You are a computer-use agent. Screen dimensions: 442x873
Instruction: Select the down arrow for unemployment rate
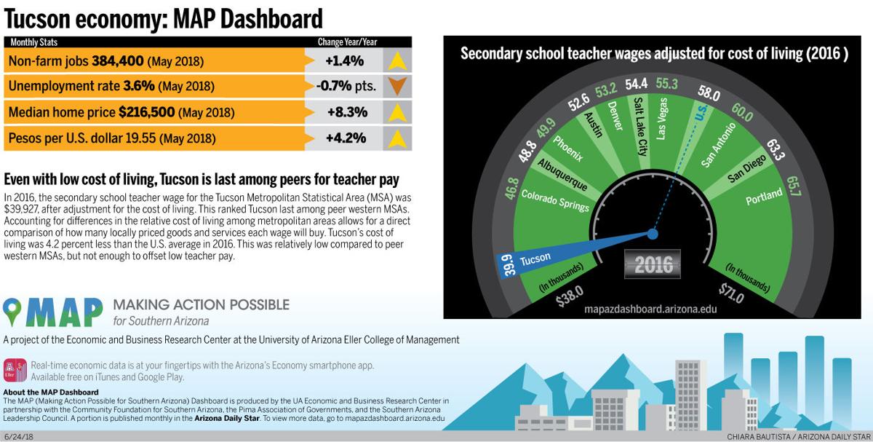point(397,86)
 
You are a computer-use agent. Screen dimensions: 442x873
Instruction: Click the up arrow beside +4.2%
point(397,138)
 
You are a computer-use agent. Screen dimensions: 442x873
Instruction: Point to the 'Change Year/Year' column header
point(346,42)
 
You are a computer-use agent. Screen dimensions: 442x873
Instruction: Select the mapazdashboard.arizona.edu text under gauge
point(650,309)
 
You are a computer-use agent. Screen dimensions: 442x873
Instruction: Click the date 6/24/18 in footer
point(18,435)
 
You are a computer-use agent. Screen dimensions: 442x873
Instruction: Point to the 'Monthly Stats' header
point(34,42)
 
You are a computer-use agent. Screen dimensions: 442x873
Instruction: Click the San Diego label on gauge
point(746,170)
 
